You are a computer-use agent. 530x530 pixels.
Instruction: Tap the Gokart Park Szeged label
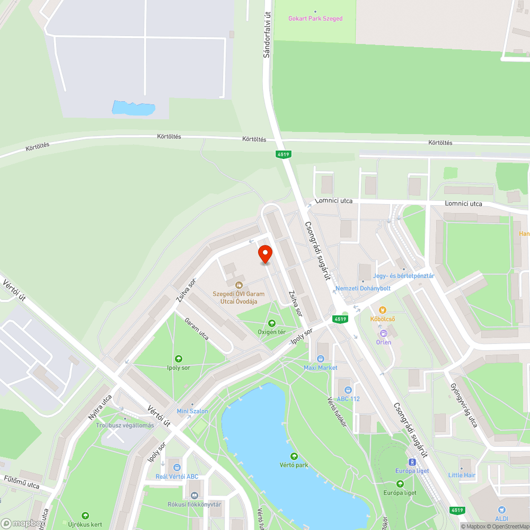pyautogui.click(x=315, y=19)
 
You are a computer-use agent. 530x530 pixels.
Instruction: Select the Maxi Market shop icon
pyautogui.click(x=320, y=359)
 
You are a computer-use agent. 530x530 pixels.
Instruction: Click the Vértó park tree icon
pyautogui.click(x=294, y=456)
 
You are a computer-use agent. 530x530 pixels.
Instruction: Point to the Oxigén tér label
pyautogui.click(x=271, y=332)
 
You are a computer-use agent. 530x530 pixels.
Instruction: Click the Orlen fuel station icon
pyautogui.click(x=383, y=333)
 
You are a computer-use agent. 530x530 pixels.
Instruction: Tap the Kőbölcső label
pyautogui.click(x=382, y=319)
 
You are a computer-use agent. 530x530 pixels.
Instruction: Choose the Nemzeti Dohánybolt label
pyautogui.click(x=363, y=288)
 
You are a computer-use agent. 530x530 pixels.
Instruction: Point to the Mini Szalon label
pyautogui.click(x=192, y=411)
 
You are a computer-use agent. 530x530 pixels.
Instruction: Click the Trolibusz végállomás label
pyautogui.click(x=125, y=425)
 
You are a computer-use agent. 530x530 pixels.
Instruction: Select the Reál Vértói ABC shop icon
pyautogui.click(x=176, y=467)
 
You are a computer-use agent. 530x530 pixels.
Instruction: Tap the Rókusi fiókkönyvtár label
pyautogui.click(x=194, y=504)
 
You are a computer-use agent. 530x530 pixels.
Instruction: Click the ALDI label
pyautogui.click(x=501, y=518)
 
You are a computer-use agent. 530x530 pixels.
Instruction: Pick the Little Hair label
pyautogui.click(x=462, y=475)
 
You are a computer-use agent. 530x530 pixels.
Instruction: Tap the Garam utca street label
pyautogui.click(x=197, y=329)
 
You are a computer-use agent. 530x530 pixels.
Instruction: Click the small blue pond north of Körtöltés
pyautogui.click(x=133, y=108)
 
